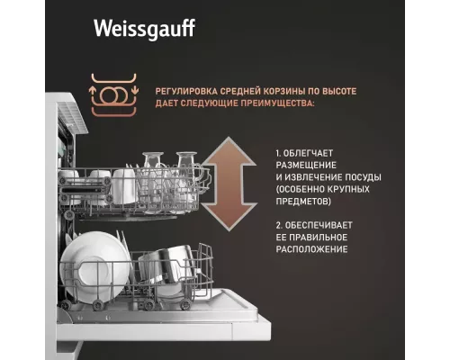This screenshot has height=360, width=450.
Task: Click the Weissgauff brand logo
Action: [145, 29]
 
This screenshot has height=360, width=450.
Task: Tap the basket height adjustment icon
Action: [114, 94]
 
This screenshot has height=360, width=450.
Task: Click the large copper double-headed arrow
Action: [229, 184]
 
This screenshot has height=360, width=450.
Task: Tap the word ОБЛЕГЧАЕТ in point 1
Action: [308, 153]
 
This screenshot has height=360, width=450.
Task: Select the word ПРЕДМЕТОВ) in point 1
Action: [303, 202]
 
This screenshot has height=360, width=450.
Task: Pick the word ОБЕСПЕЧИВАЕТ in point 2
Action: [319, 225]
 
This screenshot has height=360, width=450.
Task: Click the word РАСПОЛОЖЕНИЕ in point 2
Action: [311, 249]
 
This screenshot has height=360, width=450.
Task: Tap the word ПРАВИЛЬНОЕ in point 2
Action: [319, 238]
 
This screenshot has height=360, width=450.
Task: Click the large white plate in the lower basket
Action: [94, 267]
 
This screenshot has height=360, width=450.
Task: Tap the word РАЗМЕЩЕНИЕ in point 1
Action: [306, 165]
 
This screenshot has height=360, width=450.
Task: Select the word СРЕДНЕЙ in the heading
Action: [237, 91]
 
